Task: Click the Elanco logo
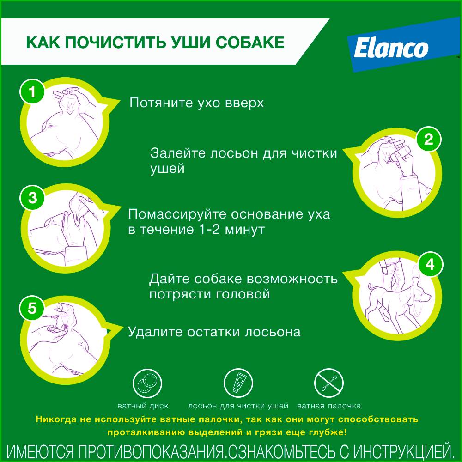(391, 48)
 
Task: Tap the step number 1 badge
(32, 91)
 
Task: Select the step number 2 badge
(429, 139)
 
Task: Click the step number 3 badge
(32, 197)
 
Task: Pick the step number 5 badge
(32, 308)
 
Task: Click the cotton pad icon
(147, 383)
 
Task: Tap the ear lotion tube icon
(238, 383)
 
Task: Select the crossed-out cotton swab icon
(329, 383)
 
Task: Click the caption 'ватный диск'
(143, 406)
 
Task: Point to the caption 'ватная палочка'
(329, 406)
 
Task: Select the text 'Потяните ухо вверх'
(197, 103)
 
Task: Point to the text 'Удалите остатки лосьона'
(214, 332)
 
